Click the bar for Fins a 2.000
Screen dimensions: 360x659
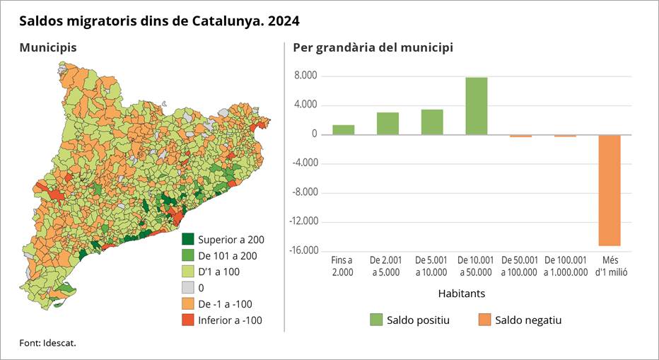pyautogui.click(x=344, y=129)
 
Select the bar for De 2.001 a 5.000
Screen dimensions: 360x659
pyautogui.click(x=387, y=123)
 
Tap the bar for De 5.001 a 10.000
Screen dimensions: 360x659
pyautogui.click(x=432, y=122)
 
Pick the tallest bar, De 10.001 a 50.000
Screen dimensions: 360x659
pyautogui.click(x=476, y=105)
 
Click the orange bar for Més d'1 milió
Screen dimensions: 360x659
pyautogui.click(x=609, y=190)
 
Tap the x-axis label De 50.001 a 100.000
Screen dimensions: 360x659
pyautogui.click(x=521, y=267)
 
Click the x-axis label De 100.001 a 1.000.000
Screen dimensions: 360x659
pyautogui.click(x=565, y=267)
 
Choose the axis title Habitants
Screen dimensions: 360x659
pyautogui.click(x=462, y=292)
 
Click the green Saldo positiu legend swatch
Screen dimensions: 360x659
pyautogui.click(x=376, y=320)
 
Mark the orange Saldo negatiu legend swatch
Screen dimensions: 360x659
pyautogui.click(x=484, y=320)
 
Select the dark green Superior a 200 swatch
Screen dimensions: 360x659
pyautogui.click(x=188, y=239)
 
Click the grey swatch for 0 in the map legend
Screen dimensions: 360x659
pyautogui.click(x=188, y=288)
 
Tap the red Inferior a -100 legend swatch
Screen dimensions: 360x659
pyautogui.click(x=188, y=320)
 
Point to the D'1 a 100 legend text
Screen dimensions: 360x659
pyautogui.click(x=219, y=272)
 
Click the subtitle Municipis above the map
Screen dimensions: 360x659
pyautogui.click(x=48, y=47)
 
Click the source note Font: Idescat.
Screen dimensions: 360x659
pyautogui.click(x=47, y=343)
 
